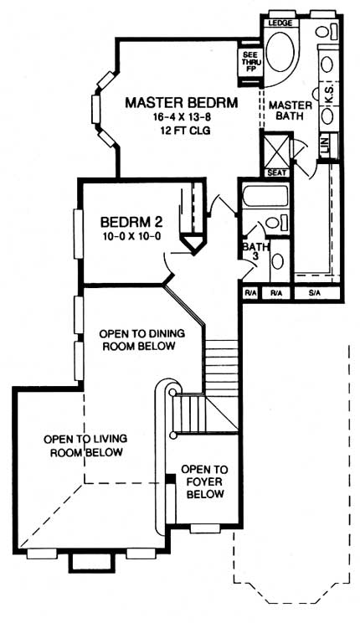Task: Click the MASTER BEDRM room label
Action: [x=181, y=103]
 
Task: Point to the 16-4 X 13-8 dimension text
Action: [x=181, y=119]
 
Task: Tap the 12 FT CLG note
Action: [x=181, y=132]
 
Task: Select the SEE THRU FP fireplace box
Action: [x=249, y=63]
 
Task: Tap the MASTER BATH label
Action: [x=290, y=111]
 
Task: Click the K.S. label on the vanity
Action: [x=329, y=97]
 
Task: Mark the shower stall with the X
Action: [x=275, y=150]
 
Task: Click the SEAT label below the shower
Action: [x=275, y=172]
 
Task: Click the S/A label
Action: [x=315, y=294]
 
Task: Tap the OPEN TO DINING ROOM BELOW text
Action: [x=136, y=339]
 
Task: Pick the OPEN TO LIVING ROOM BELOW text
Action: [x=84, y=445]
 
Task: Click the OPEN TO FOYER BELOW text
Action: [x=203, y=481]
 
